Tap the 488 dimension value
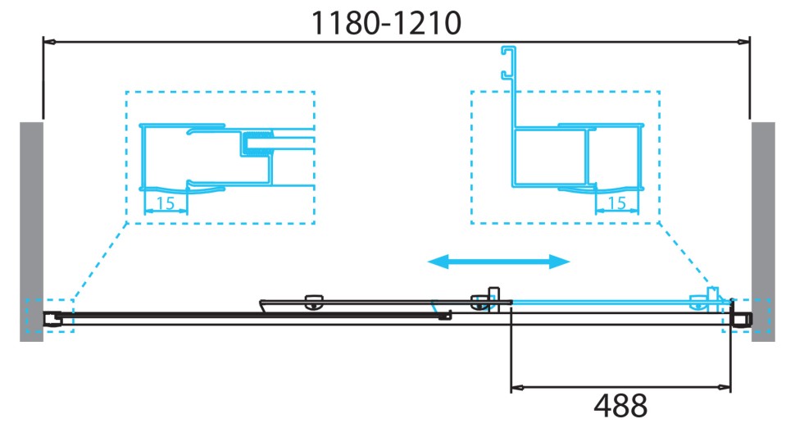pos(620,405)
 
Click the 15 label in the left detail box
pos(166,203)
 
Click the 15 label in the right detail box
pos(617,203)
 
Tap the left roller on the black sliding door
pos(312,302)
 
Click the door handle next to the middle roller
pos(493,297)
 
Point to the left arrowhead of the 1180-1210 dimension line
pos(48,40)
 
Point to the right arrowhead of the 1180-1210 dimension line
pos(745,40)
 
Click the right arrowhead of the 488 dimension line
pos(726,386)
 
